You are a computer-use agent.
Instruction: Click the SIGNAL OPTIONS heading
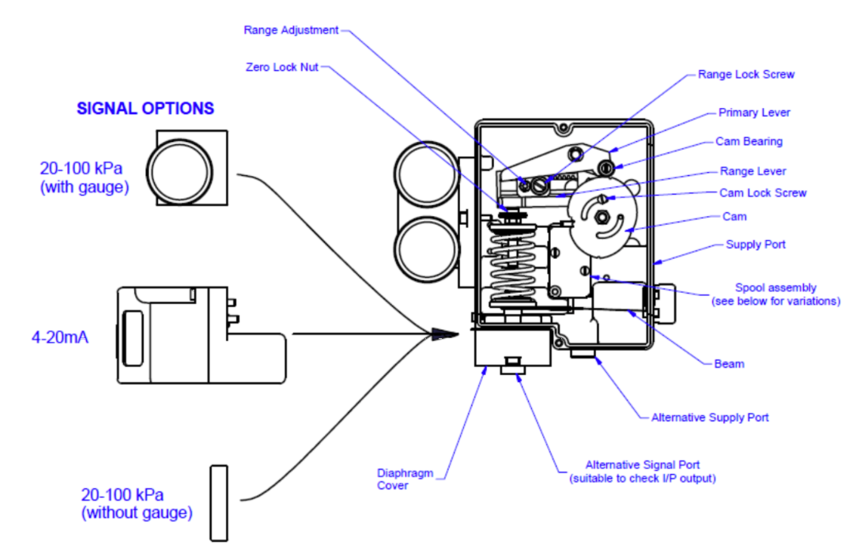click(x=145, y=108)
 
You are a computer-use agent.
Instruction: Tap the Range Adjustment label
click(x=291, y=30)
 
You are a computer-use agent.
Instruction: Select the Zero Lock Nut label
click(x=282, y=67)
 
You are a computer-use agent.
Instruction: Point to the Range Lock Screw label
click(x=746, y=75)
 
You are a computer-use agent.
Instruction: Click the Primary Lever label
click(x=753, y=112)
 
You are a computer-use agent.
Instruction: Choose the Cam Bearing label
click(x=749, y=141)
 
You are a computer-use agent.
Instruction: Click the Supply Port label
click(x=755, y=245)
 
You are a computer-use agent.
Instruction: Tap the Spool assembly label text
click(x=775, y=294)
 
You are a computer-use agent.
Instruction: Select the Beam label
click(x=728, y=364)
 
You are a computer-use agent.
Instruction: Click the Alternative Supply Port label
click(x=709, y=417)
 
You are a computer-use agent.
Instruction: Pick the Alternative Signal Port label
click(x=642, y=472)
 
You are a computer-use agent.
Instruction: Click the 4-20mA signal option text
click(x=60, y=337)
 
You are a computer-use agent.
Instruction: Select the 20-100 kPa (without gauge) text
click(x=136, y=504)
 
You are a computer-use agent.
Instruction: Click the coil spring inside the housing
click(x=515, y=264)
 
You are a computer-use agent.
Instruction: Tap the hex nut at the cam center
click(x=600, y=217)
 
